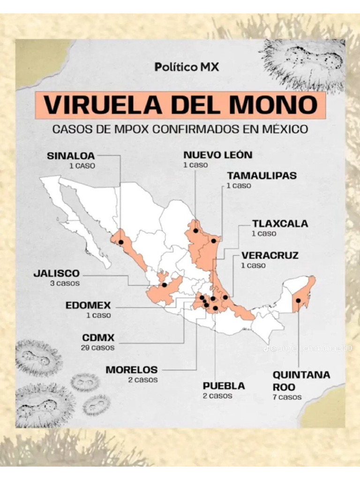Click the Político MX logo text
(x=187, y=67)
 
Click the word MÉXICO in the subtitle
(x=284, y=129)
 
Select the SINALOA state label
(x=71, y=156)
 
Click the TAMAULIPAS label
(x=262, y=176)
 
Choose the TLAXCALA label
(x=280, y=224)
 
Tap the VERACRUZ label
(x=270, y=255)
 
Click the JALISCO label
(x=57, y=273)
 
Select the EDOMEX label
(x=88, y=306)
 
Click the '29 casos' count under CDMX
(x=98, y=348)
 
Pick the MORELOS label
(x=132, y=370)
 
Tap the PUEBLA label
(x=224, y=386)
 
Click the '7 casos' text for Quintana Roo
(x=287, y=397)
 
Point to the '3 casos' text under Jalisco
(x=65, y=284)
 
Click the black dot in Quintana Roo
(x=298, y=300)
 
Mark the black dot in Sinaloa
(x=120, y=242)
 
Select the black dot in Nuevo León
(x=195, y=231)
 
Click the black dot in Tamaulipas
(x=213, y=241)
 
